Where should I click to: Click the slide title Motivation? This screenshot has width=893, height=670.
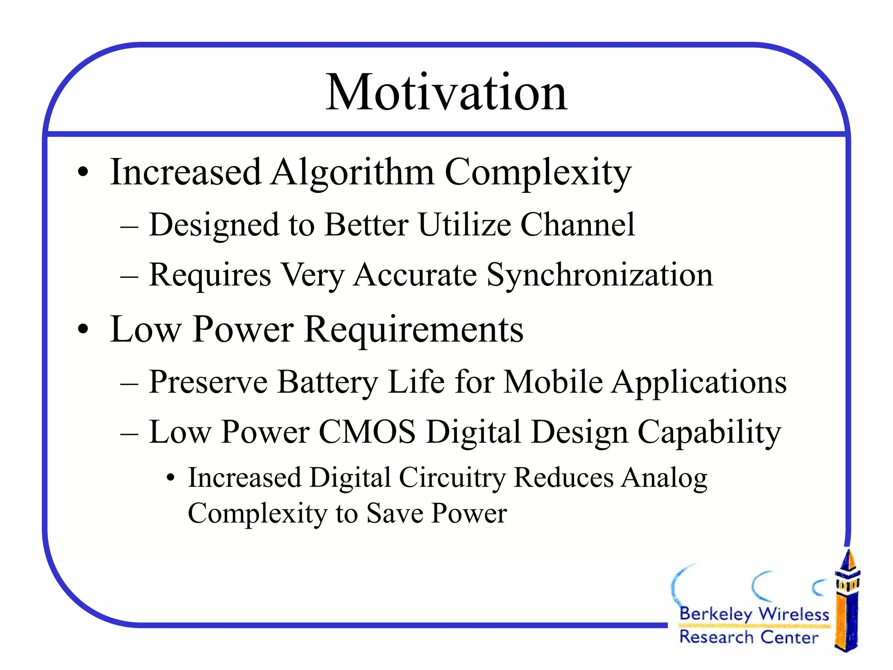(x=446, y=92)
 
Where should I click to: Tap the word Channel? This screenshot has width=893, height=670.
(x=578, y=225)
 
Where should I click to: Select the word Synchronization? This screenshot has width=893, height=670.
(x=600, y=276)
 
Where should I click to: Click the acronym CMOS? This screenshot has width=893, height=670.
(x=367, y=432)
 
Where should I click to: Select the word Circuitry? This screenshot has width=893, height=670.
(x=452, y=478)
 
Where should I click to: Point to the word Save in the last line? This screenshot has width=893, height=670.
(x=395, y=513)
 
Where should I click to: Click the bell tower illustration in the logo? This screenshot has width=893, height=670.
(x=847, y=602)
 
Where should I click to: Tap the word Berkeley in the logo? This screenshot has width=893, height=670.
(x=716, y=614)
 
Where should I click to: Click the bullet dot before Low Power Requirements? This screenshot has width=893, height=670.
(x=83, y=330)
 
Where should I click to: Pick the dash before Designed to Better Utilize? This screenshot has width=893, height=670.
(x=130, y=226)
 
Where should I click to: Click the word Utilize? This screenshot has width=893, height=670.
(x=464, y=225)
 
